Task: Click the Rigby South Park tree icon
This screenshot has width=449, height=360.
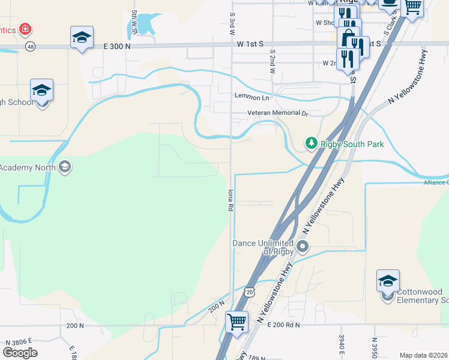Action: click(311, 143)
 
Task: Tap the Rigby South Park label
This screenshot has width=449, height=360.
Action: click(352, 144)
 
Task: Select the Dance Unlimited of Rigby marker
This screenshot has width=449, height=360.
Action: click(303, 245)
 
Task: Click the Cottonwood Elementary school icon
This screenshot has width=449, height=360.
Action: click(388, 281)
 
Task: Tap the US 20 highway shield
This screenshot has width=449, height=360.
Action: click(249, 291)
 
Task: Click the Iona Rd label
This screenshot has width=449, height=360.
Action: click(230, 200)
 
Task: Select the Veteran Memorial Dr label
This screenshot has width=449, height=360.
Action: click(277, 113)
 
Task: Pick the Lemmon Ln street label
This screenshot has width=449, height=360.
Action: click(252, 97)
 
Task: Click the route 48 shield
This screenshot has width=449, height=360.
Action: click(30, 46)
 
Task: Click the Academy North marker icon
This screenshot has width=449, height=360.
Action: click(65, 166)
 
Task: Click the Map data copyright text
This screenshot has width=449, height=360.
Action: click(423, 355)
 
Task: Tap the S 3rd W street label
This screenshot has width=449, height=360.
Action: click(232, 23)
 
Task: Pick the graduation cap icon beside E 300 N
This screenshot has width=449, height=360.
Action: click(82, 38)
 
